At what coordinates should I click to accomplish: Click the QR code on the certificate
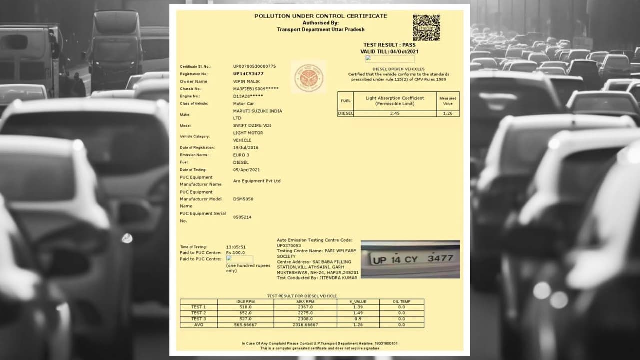426,27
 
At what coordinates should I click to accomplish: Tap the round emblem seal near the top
308,78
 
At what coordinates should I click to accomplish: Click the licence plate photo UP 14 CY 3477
410,259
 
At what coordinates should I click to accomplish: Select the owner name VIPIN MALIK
247,81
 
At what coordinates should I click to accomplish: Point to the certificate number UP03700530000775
254,66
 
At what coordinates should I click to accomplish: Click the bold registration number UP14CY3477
248,74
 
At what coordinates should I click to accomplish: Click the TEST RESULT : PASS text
389,45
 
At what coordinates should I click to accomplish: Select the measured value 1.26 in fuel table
448,113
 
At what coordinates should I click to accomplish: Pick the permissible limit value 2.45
395,113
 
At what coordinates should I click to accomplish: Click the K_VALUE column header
358,302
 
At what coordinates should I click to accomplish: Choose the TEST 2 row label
198,313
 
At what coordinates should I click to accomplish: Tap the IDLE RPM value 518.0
245,307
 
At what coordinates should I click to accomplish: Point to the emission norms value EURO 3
241,155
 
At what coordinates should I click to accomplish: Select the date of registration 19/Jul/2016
246,148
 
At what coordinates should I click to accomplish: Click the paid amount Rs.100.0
236,253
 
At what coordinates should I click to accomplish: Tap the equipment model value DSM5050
243,199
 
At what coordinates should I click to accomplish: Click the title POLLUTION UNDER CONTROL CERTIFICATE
321,16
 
